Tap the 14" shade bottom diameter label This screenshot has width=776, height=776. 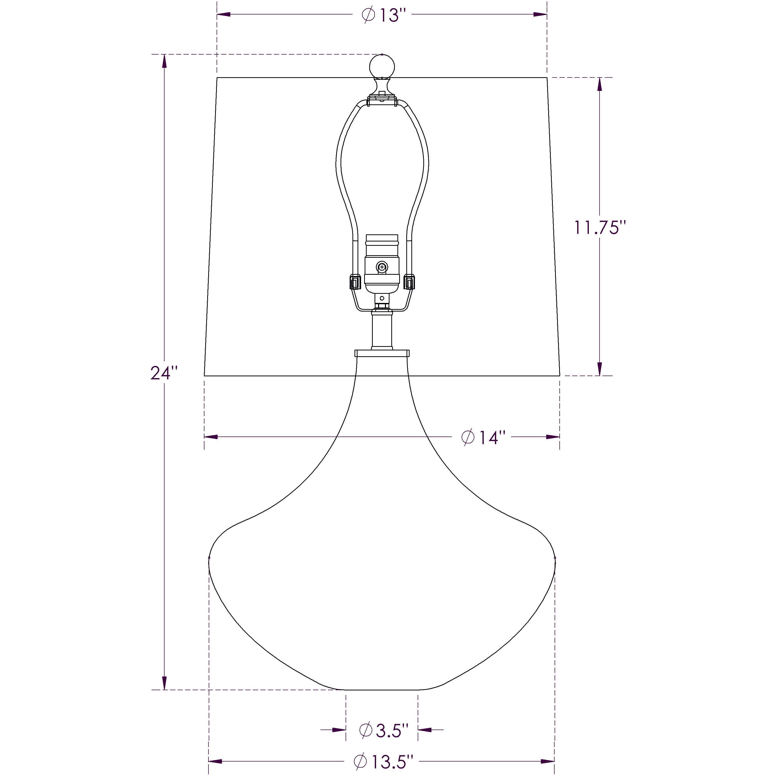483,437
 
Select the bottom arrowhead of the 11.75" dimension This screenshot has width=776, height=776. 600,368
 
